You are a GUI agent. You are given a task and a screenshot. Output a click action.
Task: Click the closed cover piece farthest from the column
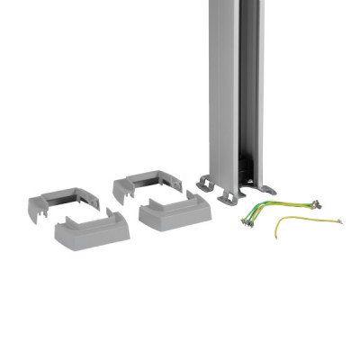[90, 229]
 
